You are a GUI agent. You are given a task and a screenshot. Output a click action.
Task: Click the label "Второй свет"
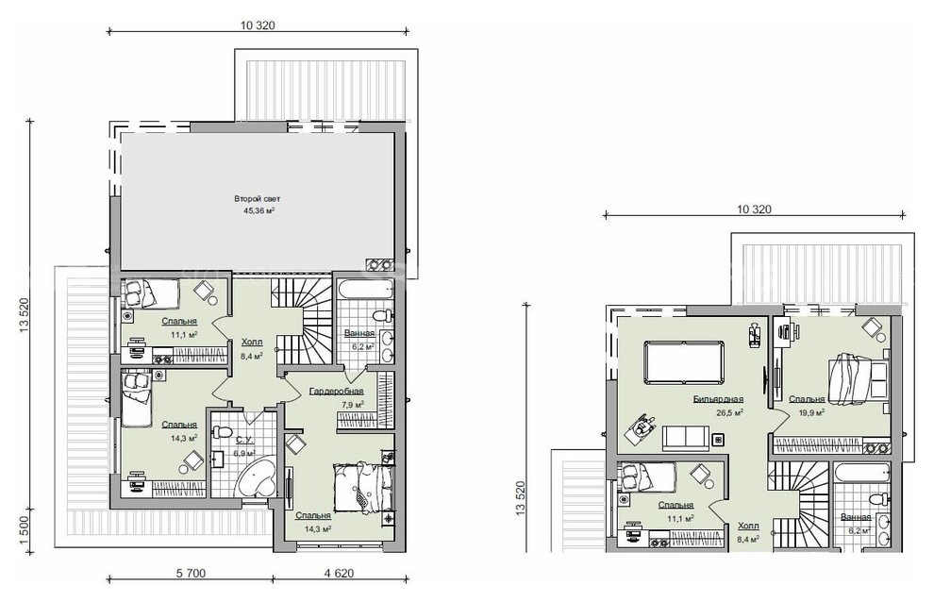coord(258,198)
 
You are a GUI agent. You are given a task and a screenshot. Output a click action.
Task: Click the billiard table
coord(684,363)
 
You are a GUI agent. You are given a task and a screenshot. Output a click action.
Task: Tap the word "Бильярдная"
coord(718,399)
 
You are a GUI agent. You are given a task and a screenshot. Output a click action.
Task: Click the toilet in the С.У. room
coord(224,431)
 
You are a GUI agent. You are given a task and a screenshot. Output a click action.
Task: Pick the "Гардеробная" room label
coord(337,392)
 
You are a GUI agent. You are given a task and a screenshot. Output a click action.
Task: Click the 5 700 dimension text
coord(192,574)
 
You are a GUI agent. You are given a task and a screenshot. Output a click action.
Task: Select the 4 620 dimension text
coord(339,574)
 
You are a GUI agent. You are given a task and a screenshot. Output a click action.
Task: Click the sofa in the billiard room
coord(686,438)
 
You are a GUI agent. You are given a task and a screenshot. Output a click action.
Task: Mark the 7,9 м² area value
coord(352,405)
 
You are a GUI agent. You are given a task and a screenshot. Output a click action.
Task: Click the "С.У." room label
coord(242,440)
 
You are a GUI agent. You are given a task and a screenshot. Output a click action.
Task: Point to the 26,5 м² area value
coord(729,411)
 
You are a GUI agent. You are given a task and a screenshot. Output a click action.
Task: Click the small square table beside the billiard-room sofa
coord(718,440)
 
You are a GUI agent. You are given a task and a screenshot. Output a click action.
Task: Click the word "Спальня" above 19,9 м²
coord(808,399)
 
